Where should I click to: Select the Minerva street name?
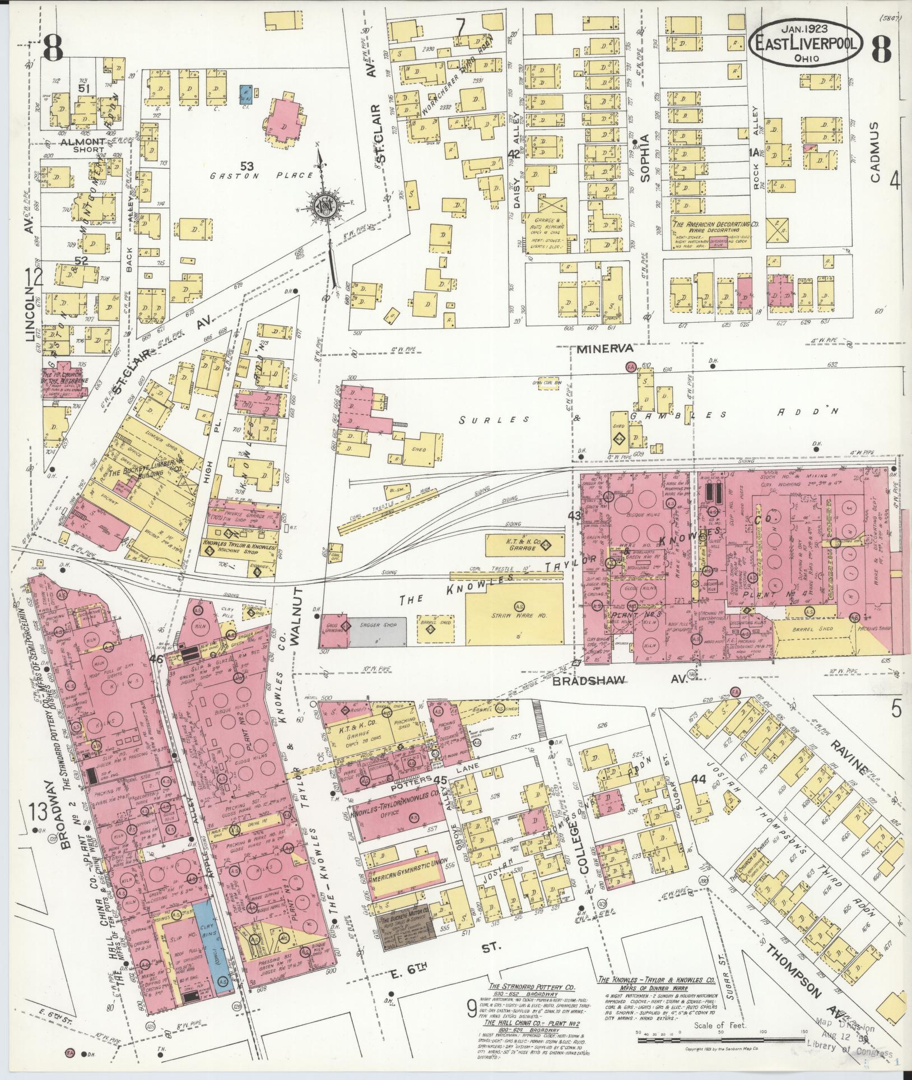pos(599,348)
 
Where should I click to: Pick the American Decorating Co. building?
pos(715,232)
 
